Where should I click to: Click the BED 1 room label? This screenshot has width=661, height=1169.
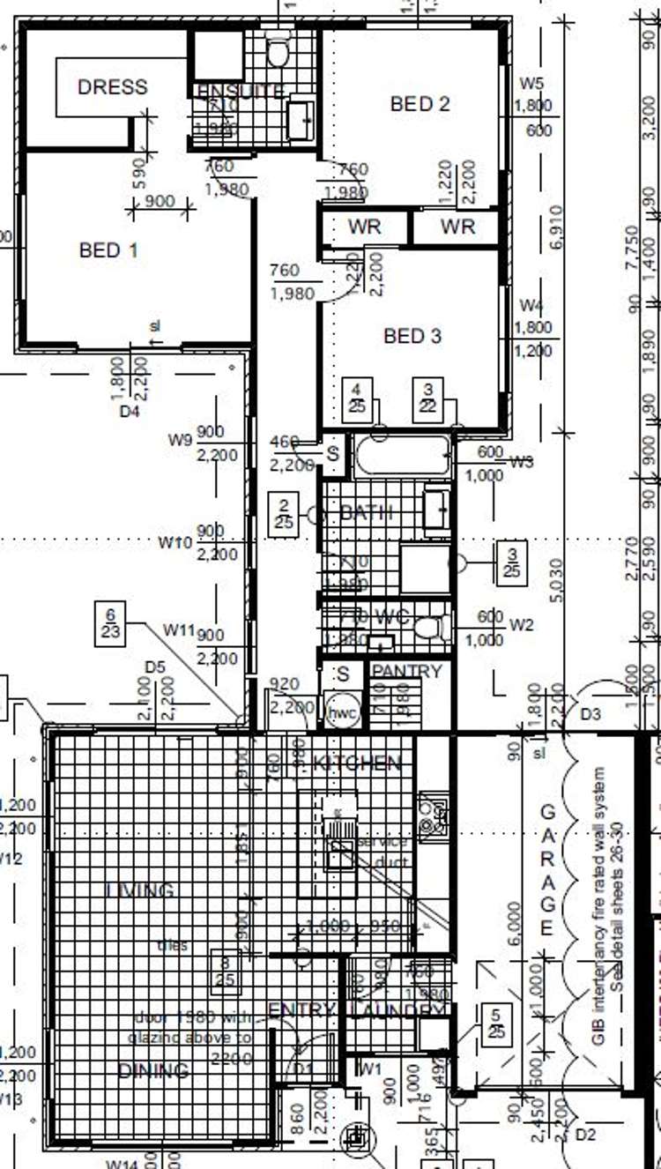point(108,250)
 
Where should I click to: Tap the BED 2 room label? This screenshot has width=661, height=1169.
point(420,104)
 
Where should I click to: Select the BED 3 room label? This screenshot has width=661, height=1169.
point(412,336)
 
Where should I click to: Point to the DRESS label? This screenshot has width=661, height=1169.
point(113,87)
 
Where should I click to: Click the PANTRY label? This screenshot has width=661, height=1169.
point(406,672)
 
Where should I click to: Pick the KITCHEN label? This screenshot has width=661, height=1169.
point(357,763)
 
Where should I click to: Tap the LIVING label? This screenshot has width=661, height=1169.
point(140,890)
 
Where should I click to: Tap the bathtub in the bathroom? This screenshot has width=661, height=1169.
point(403,457)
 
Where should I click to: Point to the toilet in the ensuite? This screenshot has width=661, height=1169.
point(279,52)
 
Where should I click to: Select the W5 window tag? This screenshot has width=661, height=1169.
point(531,84)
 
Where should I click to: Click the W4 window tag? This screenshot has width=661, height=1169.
point(531,306)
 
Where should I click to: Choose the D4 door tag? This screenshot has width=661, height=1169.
point(130,412)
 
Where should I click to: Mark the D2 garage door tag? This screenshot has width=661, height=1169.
point(585,1134)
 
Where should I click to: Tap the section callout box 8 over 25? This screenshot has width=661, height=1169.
point(226,970)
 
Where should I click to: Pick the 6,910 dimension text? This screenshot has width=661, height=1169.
point(554,227)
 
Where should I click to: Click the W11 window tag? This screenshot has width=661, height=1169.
point(179,629)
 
